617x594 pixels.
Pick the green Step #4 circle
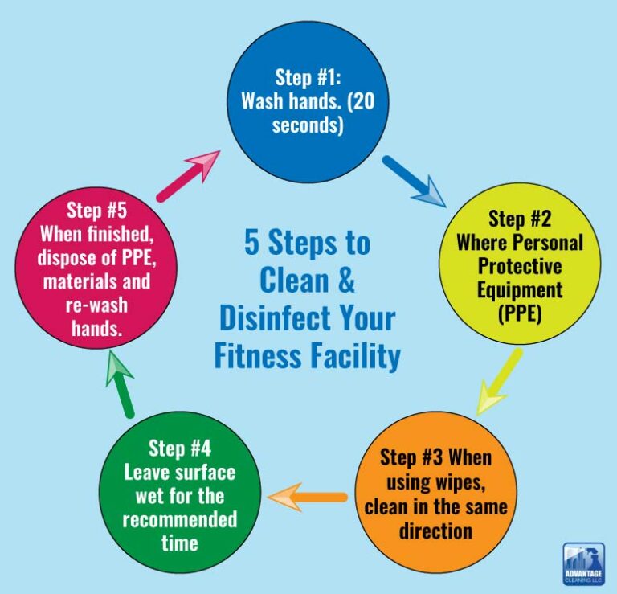click(x=178, y=494)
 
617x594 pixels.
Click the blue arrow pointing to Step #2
click(x=414, y=182)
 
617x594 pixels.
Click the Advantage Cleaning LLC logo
click(x=584, y=563)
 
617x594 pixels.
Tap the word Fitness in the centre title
click(x=259, y=354)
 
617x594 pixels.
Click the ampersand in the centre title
click(x=343, y=281)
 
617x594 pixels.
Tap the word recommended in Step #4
click(x=179, y=518)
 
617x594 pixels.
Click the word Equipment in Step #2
click(x=520, y=287)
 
